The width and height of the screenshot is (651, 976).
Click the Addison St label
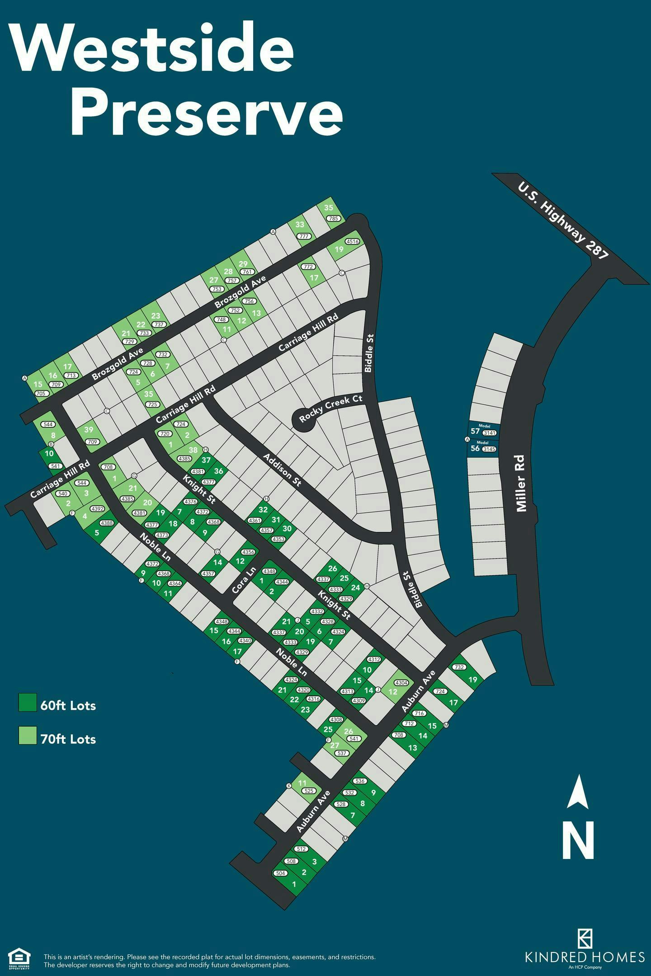(282, 470)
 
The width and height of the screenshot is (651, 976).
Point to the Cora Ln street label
(244, 581)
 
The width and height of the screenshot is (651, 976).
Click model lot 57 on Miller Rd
(475, 431)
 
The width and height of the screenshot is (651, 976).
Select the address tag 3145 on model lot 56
(489, 449)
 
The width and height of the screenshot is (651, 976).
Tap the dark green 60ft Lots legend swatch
(28, 703)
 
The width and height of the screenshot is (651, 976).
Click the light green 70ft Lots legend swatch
(28, 736)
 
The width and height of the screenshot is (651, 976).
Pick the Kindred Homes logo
(585, 942)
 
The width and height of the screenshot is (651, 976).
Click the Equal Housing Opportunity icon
(19, 945)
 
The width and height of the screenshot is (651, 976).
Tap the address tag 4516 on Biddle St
(352, 242)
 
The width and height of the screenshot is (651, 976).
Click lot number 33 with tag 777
(300, 225)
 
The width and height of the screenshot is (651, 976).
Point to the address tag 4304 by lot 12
(401, 683)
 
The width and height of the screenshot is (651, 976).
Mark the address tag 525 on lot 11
(309, 791)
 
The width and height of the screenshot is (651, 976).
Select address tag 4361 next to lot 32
(255, 521)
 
